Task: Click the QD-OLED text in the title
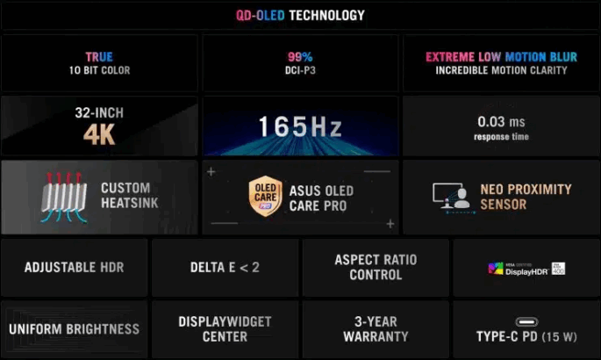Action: tap(261, 15)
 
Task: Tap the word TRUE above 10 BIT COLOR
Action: tap(99, 57)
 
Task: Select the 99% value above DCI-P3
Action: tap(300, 57)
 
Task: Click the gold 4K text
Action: tap(99, 134)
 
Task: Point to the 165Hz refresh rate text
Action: tap(300, 126)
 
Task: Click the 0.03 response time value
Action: tap(491, 121)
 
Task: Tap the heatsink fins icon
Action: tap(64, 198)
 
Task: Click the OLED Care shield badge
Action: tap(265, 196)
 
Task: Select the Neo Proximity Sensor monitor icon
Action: tap(452, 197)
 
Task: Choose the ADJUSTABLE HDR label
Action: tap(75, 267)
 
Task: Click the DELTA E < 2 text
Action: tap(225, 267)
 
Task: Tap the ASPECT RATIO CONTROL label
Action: tap(376, 267)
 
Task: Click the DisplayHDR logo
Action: tap(526, 269)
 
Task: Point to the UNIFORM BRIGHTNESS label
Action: tap(75, 329)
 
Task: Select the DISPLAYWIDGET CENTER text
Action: tap(225, 329)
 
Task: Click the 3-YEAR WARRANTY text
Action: tap(376, 329)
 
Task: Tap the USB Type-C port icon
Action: tap(526, 321)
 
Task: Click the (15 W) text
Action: tap(559, 336)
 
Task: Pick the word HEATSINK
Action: tap(130, 203)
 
